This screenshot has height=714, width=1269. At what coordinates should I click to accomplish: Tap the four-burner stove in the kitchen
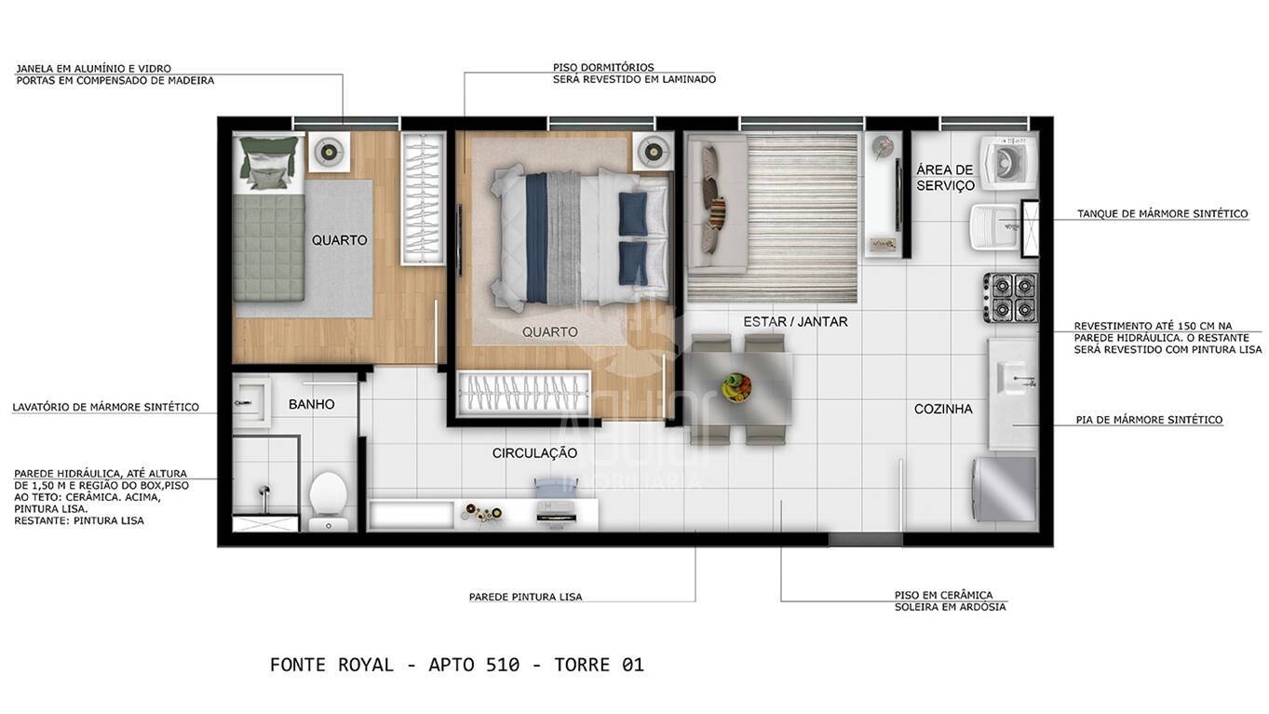(x=1011, y=297)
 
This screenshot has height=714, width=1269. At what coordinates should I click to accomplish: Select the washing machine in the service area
(x=1007, y=163)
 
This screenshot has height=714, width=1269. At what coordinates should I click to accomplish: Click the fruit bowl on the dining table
(x=736, y=386)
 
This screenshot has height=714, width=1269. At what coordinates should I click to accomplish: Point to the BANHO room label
(x=311, y=404)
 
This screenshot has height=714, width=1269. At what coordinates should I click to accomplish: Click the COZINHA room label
(x=942, y=409)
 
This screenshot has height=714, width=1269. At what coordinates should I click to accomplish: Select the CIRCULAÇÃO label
(x=534, y=453)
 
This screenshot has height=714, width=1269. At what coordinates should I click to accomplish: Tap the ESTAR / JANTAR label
(x=795, y=321)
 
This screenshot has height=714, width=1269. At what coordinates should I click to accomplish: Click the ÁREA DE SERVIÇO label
(x=945, y=177)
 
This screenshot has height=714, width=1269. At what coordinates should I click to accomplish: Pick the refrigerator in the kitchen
(x=1005, y=489)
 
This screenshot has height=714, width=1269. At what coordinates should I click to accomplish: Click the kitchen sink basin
(x=1013, y=377)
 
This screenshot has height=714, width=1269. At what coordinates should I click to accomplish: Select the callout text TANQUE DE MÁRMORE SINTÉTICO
(x=1162, y=214)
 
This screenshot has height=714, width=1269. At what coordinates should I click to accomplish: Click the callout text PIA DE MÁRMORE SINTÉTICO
(x=1149, y=420)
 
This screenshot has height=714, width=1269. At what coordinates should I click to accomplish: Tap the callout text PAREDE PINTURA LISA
(x=525, y=597)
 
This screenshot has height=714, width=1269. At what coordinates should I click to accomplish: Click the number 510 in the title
(x=503, y=665)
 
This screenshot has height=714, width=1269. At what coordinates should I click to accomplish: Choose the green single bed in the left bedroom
(x=268, y=223)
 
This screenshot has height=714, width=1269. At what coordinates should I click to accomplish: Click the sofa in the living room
(x=715, y=203)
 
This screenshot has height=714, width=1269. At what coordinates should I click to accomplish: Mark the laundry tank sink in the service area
(x=993, y=226)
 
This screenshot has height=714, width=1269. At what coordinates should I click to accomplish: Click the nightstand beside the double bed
(x=653, y=151)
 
